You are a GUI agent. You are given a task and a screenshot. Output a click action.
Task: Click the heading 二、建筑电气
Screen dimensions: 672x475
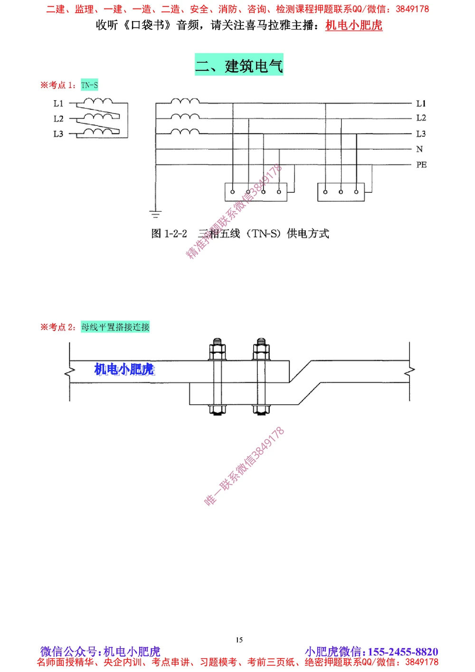click(239, 65)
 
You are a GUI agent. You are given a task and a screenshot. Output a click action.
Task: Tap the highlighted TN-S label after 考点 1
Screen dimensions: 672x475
click(89, 85)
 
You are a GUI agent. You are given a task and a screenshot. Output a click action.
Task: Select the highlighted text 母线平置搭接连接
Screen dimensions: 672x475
click(115, 327)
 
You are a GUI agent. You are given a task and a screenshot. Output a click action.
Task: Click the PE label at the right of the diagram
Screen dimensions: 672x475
click(421, 165)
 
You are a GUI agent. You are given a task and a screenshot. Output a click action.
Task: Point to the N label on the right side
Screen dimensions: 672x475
click(419, 149)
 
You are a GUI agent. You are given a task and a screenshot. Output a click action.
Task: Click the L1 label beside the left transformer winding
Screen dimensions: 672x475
click(58, 103)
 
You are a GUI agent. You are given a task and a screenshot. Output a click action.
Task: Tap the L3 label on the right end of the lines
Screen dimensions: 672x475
click(421, 133)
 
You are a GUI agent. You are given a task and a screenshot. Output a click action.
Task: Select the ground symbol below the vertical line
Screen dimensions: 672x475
click(155, 214)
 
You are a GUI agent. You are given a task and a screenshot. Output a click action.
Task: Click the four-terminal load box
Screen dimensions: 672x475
click(256, 192)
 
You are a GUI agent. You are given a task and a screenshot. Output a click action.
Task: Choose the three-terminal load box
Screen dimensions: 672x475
click(341, 192)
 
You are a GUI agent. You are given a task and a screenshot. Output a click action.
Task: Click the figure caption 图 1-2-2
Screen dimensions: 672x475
click(169, 234)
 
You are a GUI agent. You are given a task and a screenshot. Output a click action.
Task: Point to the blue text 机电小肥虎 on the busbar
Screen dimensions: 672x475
click(124, 369)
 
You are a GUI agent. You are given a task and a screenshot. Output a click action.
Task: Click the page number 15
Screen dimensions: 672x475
click(239, 640)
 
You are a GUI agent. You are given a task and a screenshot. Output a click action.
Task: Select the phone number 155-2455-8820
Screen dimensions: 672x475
click(403, 652)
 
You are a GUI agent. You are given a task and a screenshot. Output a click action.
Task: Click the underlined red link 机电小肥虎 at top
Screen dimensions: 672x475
click(354, 25)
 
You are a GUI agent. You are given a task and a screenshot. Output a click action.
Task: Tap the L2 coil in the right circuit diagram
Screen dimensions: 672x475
click(185, 117)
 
